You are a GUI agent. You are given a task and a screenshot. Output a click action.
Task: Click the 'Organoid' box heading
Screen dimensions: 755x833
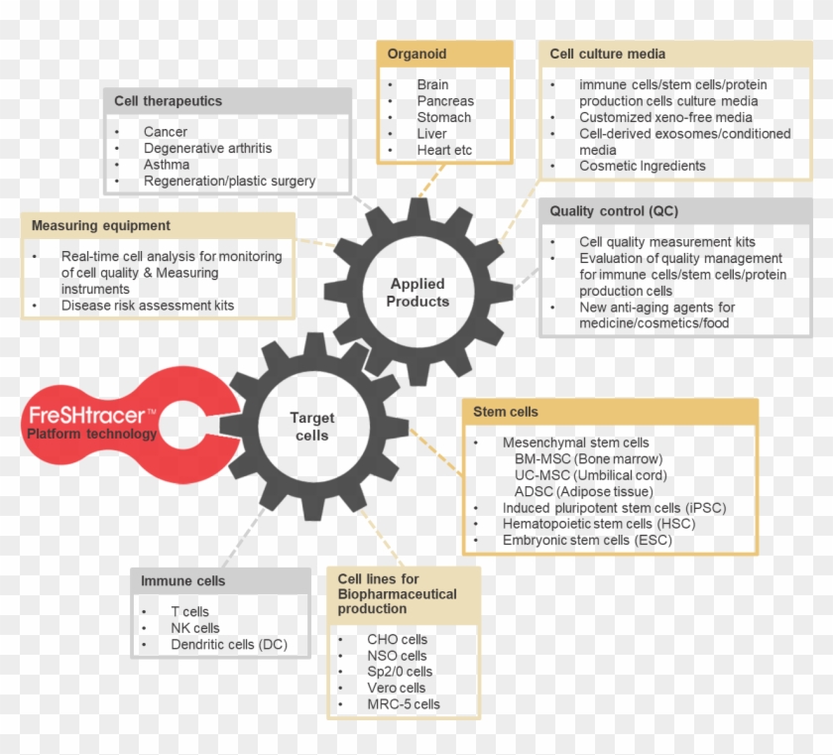click(x=416, y=55)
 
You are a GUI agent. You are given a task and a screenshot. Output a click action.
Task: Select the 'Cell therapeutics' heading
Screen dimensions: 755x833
click(x=168, y=101)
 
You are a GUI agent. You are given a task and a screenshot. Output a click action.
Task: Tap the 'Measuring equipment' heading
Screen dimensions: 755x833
click(x=100, y=226)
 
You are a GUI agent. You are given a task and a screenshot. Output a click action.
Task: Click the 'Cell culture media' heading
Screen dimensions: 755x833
click(x=608, y=54)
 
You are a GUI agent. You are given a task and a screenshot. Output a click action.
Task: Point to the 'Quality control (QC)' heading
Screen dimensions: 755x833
click(x=614, y=211)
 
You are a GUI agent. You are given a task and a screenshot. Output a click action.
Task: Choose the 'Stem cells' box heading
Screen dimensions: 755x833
click(x=506, y=412)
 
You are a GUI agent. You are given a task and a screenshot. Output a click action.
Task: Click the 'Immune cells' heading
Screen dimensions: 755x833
click(x=182, y=580)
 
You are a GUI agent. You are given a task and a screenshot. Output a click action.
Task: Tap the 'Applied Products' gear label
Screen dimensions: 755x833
click(x=417, y=293)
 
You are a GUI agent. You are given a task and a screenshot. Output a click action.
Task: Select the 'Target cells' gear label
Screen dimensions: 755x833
click(x=311, y=427)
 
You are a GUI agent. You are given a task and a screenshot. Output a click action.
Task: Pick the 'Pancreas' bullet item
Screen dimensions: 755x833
click(x=445, y=101)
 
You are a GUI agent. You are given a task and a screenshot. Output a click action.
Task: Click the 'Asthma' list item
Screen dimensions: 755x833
click(x=166, y=165)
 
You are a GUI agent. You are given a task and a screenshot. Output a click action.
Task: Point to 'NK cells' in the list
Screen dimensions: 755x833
click(x=194, y=628)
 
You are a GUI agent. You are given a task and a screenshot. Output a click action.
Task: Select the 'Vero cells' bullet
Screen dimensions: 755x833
click(x=396, y=688)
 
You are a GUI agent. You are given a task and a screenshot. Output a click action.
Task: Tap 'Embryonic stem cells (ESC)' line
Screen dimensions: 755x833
click(x=587, y=540)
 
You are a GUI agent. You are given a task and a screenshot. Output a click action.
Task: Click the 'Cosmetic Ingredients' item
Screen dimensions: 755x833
click(x=643, y=166)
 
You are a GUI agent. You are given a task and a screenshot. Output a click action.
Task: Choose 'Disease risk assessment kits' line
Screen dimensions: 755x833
click(x=148, y=306)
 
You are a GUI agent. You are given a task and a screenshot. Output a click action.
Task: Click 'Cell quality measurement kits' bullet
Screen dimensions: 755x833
click(x=666, y=242)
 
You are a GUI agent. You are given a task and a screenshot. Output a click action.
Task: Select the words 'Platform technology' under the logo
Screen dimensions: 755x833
click(x=91, y=434)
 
